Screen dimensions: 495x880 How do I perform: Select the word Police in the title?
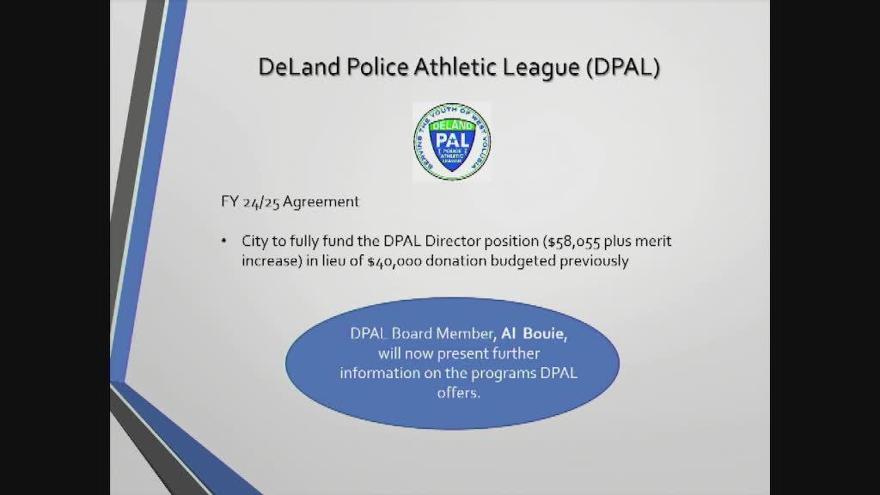pyautogui.click(x=378, y=67)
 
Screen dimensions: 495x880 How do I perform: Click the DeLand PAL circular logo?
pyautogui.click(x=452, y=142)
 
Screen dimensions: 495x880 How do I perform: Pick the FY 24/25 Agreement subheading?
pyautogui.click(x=290, y=202)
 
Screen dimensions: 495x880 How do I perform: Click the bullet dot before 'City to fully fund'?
pyautogui.click(x=225, y=241)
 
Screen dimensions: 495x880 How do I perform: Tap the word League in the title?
pyautogui.click(x=541, y=67)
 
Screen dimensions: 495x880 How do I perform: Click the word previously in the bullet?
pyautogui.click(x=595, y=260)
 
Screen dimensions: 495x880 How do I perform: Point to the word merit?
pyautogui.click(x=652, y=241)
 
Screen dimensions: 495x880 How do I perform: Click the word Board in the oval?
pyautogui.click(x=413, y=334)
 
